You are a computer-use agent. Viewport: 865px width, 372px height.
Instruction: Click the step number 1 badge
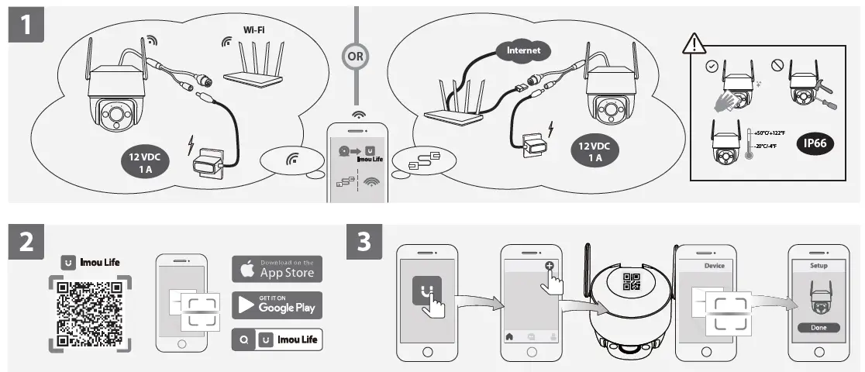(x=26, y=25)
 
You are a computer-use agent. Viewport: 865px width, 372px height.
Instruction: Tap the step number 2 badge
(x=26, y=243)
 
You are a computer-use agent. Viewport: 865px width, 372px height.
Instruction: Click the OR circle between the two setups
(x=357, y=56)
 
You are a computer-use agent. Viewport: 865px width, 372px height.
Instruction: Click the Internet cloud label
(x=523, y=51)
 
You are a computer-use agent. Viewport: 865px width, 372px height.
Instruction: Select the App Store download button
(x=277, y=269)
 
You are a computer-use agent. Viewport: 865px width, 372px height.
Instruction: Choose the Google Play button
(x=277, y=304)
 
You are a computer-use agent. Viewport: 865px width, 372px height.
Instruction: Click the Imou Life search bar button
(x=277, y=339)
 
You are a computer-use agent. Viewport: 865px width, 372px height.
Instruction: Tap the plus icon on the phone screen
(x=550, y=266)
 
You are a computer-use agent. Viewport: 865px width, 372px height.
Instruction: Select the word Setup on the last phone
(x=818, y=265)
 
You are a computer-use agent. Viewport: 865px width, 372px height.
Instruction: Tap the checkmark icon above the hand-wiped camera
(x=712, y=67)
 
